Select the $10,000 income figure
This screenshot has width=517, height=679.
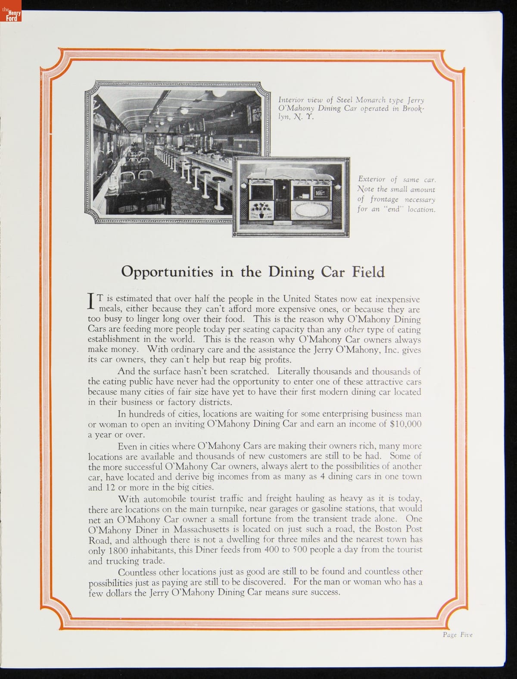(x=405, y=424)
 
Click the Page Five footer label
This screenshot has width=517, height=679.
(x=458, y=635)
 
